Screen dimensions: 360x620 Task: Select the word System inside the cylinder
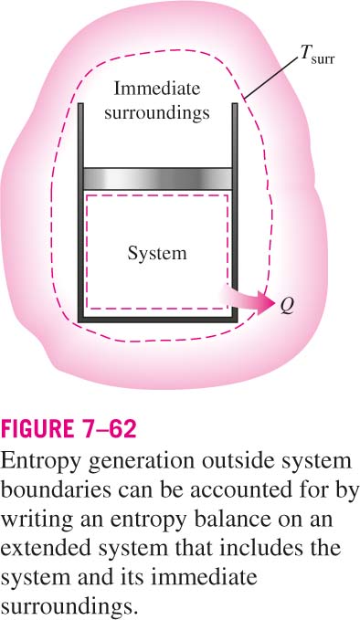tap(157, 254)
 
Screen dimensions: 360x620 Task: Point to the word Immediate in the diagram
tap(157, 89)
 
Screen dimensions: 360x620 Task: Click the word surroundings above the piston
tap(157, 113)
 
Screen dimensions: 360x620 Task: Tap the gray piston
tap(157, 178)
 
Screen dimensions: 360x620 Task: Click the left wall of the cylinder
tap(80, 213)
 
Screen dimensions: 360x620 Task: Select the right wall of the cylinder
tap(235, 213)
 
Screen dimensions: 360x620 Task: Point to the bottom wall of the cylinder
tap(158, 320)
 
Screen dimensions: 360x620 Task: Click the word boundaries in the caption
tap(56, 490)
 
